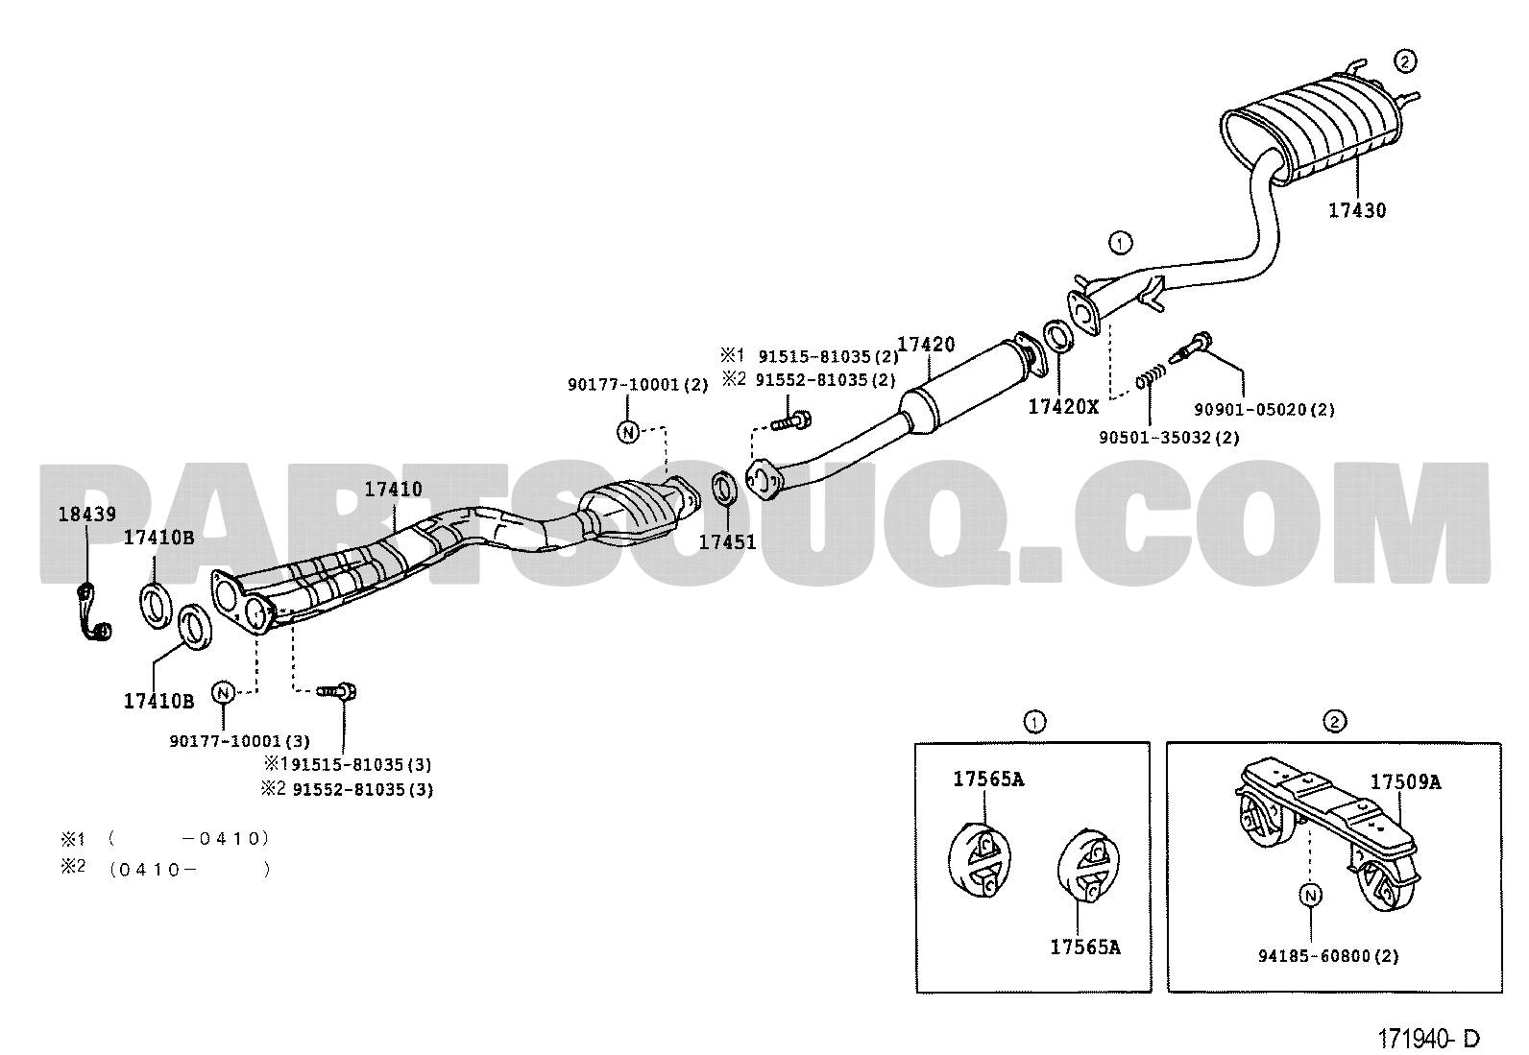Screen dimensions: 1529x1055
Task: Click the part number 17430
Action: [1357, 210]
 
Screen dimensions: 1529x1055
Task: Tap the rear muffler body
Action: [1311, 131]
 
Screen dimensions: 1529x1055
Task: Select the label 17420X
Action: [1063, 407]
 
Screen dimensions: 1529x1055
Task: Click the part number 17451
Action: [728, 541]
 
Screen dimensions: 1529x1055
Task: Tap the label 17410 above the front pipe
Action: [393, 489]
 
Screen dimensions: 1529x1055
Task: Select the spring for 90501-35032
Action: [1151, 376]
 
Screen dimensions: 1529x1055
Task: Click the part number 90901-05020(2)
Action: [1264, 410]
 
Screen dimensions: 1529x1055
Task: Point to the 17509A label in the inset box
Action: [1405, 782]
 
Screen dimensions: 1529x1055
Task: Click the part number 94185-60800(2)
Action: [1328, 956]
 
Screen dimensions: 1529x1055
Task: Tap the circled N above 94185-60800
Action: [1311, 895]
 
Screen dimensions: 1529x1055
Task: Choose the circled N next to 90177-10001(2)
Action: [628, 431]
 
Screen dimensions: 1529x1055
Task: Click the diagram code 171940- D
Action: [1428, 1039]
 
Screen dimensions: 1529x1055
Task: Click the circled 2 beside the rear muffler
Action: [1405, 62]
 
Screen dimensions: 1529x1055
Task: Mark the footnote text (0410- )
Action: [190, 870]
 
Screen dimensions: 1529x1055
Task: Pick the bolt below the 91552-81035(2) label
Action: [790, 422]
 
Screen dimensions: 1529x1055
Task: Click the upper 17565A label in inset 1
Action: [988, 779]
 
